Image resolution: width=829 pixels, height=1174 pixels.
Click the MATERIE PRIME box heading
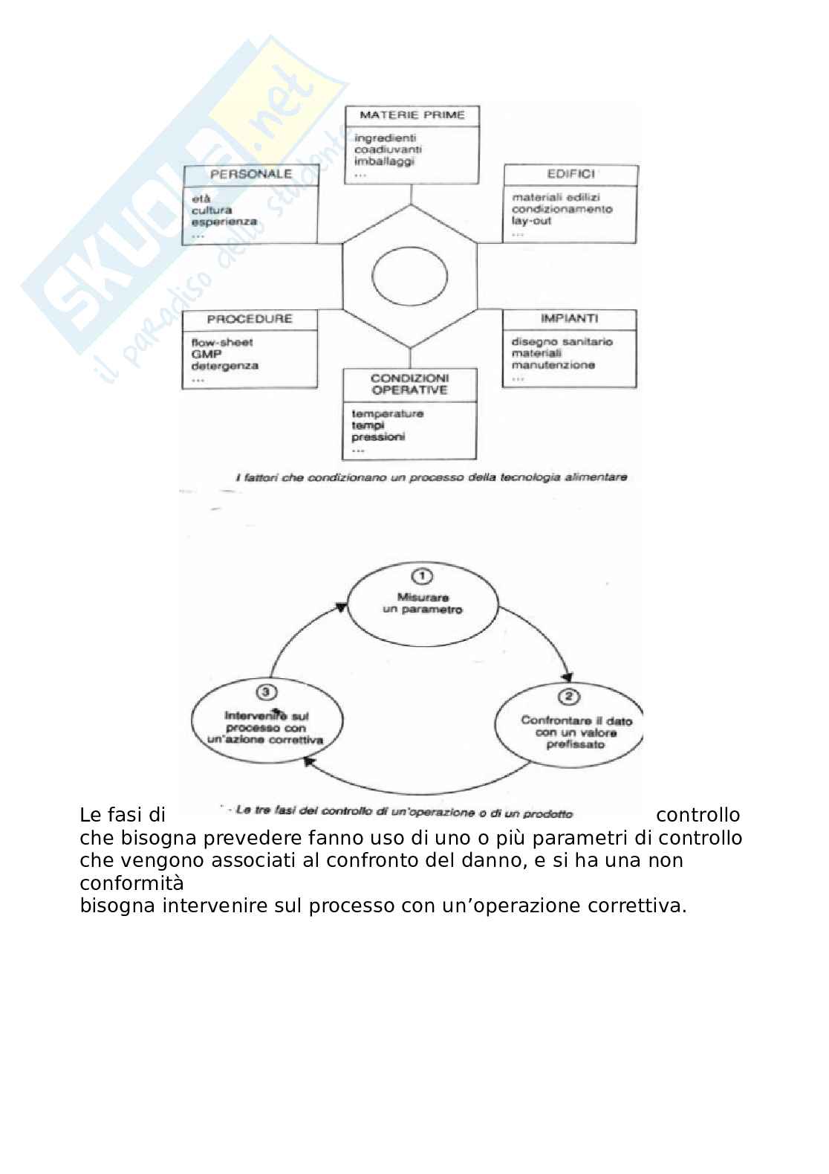pyautogui.click(x=412, y=115)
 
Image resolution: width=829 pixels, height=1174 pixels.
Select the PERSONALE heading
pyautogui.click(x=250, y=175)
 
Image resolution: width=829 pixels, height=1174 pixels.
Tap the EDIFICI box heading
pyautogui.click(x=570, y=175)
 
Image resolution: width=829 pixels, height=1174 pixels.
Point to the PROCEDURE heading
pyautogui.click(x=250, y=319)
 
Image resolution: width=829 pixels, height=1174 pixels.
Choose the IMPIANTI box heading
pyautogui.click(x=570, y=318)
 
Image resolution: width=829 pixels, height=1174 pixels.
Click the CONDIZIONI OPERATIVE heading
pyautogui.click(x=409, y=384)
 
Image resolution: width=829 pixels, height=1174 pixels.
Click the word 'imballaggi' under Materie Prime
pyautogui.click(x=384, y=161)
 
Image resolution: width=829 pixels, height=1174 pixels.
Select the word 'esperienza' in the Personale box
pyautogui.click(x=224, y=222)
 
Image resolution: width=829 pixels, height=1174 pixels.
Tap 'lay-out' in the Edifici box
pyautogui.click(x=531, y=221)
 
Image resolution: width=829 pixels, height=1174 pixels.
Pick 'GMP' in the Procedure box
pyautogui.click(x=203, y=355)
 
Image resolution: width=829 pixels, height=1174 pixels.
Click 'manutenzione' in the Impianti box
pyautogui.click(x=553, y=365)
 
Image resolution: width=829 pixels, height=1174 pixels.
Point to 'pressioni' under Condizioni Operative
pyautogui.click(x=378, y=437)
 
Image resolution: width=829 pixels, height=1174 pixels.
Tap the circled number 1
pyautogui.click(x=422, y=575)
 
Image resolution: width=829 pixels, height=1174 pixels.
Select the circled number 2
pyautogui.click(x=568, y=697)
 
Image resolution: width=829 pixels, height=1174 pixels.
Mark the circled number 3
pyautogui.click(x=266, y=692)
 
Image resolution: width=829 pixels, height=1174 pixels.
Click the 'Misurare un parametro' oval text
pyautogui.click(x=422, y=603)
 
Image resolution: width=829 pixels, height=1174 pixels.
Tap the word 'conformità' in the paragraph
pyautogui.click(x=131, y=883)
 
